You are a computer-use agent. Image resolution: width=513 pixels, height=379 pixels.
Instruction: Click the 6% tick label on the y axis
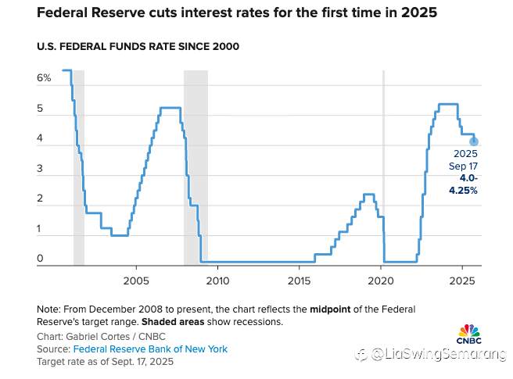[x=44, y=78]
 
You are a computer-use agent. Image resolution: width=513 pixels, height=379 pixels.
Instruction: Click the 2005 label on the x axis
[x=136, y=281]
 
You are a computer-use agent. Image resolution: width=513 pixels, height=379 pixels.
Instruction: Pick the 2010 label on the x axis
[x=217, y=281]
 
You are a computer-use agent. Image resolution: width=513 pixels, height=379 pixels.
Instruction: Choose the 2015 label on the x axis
[x=299, y=281]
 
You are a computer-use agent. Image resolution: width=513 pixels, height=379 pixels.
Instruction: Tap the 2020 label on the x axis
[x=381, y=281]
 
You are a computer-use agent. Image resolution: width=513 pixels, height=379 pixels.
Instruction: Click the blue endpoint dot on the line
[x=474, y=141]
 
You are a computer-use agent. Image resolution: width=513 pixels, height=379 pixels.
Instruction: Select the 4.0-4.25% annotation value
[x=463, y=184]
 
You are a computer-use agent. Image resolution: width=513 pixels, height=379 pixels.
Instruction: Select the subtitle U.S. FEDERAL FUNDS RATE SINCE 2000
[x=138, y=46]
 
